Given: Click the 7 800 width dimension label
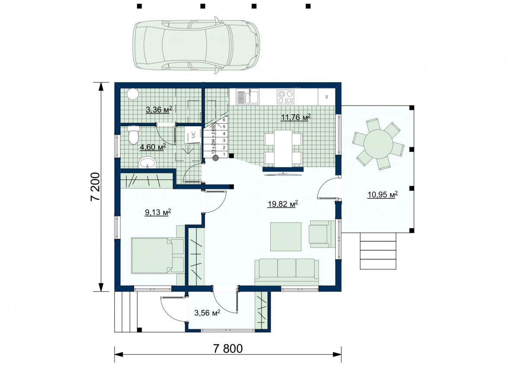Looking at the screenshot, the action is (x=228, y=348).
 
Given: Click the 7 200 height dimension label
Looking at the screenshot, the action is (x=95, y=187).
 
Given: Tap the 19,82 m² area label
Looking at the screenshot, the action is (x=283, y=204).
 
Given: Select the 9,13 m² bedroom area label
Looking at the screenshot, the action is (x=158, y=212).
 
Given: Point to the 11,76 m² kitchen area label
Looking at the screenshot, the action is (x=296, y=117).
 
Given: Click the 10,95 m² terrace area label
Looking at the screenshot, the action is (x=383, y=194).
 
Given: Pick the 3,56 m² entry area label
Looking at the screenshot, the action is (x=207, y=313).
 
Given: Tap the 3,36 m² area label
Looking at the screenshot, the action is (x=159, y=109).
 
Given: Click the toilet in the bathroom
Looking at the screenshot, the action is (x=133, y=135).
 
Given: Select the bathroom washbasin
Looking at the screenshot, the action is (x=148, y=163).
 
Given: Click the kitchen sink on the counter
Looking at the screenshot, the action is (x=247, y=97).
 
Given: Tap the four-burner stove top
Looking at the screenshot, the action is (x=286, y=97).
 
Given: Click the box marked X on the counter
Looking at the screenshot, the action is (x=326, y=97).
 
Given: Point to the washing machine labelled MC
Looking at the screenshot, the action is (x=193, y=135).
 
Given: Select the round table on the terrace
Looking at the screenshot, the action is (x=378, y=144).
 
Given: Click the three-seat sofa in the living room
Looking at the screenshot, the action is (x=287, y=272).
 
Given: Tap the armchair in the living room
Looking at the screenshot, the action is (x=322, y=234).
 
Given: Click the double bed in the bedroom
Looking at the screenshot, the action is (x=158, y=256).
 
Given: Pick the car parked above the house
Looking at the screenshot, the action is (x=196, y=45).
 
